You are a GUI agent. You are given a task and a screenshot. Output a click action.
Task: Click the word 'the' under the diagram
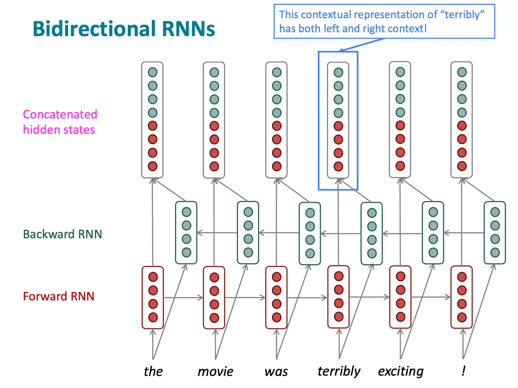click(153, 371)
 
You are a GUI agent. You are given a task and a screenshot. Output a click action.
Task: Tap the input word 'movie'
click(215, 372)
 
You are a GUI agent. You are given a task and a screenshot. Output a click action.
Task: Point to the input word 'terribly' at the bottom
click(339, 371)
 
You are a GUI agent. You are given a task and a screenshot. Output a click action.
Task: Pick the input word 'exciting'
click(401, 371)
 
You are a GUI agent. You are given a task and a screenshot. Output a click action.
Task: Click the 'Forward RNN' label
click(58, 296)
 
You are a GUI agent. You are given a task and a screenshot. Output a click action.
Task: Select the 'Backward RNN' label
click(62, 234)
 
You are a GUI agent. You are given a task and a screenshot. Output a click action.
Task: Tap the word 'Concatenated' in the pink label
click(60, 114)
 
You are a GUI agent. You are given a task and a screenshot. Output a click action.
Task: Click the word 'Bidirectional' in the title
click(94, 29)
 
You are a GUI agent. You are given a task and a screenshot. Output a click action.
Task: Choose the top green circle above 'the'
click(153, 72)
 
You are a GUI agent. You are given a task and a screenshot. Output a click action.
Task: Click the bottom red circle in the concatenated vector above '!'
click(462, 166)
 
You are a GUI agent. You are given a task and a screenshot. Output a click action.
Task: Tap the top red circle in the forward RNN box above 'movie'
click(214, 277)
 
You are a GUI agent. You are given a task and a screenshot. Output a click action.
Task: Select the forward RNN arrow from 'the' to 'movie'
click(183, 298)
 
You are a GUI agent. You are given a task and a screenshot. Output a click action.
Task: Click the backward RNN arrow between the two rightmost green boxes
click(464, 233)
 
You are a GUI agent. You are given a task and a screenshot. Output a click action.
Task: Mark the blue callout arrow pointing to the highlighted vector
click(362, 45)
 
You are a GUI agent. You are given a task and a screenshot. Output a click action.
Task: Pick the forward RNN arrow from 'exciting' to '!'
click(431, 297)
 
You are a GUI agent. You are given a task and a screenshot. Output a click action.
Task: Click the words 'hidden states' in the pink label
click(59, 130)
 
